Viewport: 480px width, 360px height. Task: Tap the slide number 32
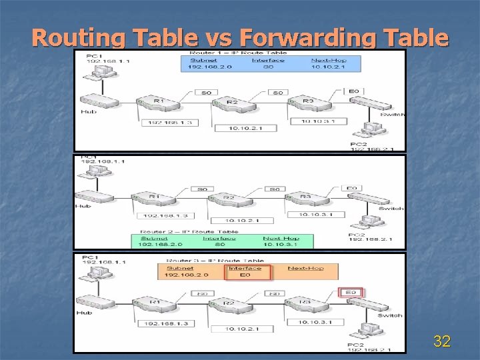coord(441,342)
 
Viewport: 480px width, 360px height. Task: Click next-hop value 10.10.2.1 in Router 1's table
coord(327,67)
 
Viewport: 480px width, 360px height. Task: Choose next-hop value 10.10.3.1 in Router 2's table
coord(280,245)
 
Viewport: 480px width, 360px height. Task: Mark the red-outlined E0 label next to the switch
coord(351,292)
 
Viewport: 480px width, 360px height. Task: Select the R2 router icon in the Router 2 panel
coord(229,199)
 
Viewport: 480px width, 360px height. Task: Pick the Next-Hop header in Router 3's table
coord(305,268)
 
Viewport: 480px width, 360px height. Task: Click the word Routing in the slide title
coord(78,38)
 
